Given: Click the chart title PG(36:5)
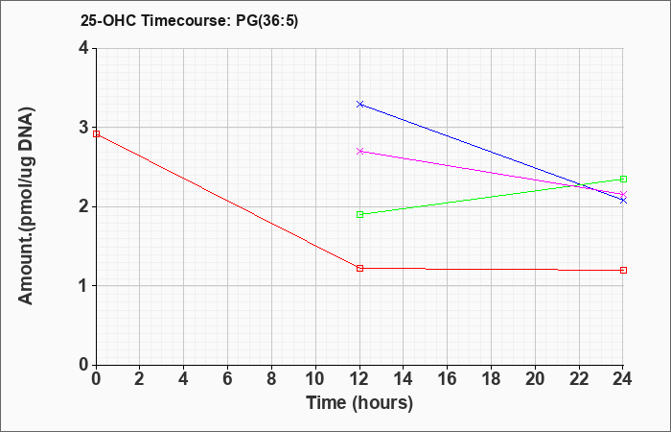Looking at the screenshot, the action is [267, 21].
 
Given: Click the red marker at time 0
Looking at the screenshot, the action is [96, 133].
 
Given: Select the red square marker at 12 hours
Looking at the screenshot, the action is [359, 268].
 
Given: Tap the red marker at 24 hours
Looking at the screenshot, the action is [623, 270].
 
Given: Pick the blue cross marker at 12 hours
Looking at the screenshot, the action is [359, 104].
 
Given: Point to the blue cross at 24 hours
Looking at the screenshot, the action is [623, 200].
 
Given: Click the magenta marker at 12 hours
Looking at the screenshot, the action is [359, 151].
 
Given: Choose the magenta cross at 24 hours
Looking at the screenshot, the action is [623, 194].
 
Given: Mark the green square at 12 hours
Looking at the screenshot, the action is [359, 214].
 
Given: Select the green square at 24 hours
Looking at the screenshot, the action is [623, 179].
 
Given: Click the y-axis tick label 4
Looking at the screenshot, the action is [83, 48].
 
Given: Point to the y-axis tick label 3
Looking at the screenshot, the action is [83, 128].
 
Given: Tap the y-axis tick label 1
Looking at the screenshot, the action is [83, 286].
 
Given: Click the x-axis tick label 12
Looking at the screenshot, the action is [359, 379].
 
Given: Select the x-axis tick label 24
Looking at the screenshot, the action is [622, 379].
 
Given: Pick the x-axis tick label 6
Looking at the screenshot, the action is [228, 379].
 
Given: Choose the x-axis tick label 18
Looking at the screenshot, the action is [491, 379].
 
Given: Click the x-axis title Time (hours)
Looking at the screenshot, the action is [359, 403].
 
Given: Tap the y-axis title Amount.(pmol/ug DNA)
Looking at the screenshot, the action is [26, 206].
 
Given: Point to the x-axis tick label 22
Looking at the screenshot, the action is [579, 379].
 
